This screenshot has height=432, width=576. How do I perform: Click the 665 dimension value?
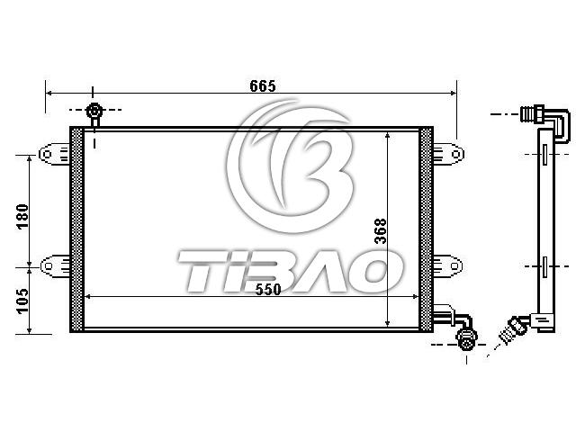(x=262, y=86)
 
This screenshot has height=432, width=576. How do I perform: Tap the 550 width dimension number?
(x=268, y=290)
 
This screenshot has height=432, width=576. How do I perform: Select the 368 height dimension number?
(x=381, y=231)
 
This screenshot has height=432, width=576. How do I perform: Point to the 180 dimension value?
(x=22, y=216)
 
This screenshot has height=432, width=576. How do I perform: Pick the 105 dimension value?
(x=22, y=301)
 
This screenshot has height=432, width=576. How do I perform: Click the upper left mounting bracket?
(x=54, y=154)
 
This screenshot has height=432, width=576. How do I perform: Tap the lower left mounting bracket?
(x=55, y=265)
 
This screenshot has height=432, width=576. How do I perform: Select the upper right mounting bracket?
(x=448, y=154)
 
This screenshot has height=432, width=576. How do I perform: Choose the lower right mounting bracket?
(x=448, y=265)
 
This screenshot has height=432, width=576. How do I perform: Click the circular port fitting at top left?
(x=94, y=111)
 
